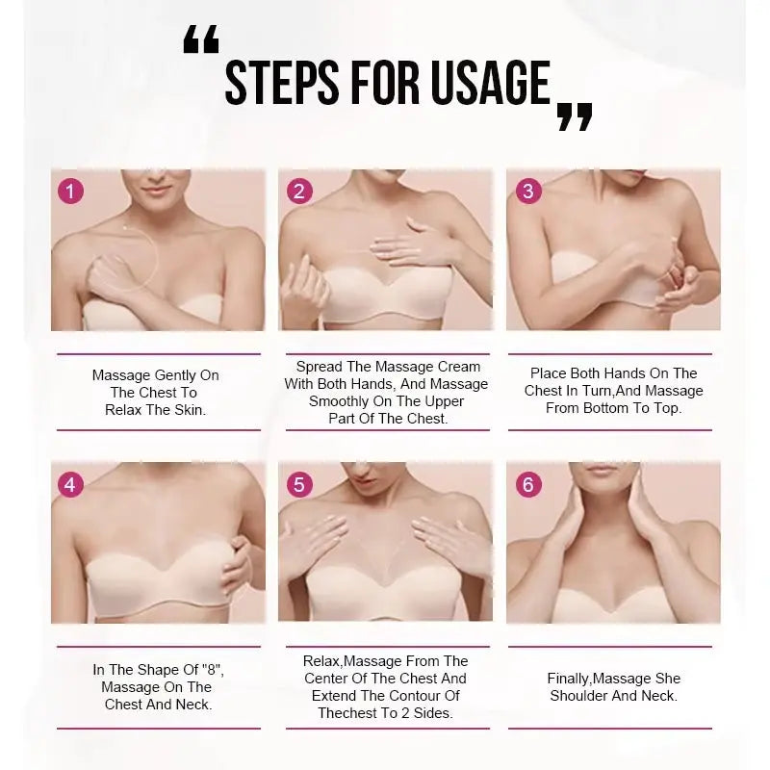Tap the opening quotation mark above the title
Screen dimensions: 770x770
[x=200, y=39]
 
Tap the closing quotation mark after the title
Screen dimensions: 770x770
[x=575, y=117]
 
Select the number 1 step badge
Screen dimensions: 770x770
[x=70, y=191]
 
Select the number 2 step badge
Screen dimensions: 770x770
[x=298, y=191]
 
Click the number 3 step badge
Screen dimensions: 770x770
[x=526, y=191]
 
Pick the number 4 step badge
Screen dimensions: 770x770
[x=70, y=484]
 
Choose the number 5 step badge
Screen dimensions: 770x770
[x=298, y=484]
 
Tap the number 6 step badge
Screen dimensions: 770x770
[x=526, y=484]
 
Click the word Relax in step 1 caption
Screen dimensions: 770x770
[x=125, y=410]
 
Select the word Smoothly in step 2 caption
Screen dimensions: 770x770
[x=339, y=401]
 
